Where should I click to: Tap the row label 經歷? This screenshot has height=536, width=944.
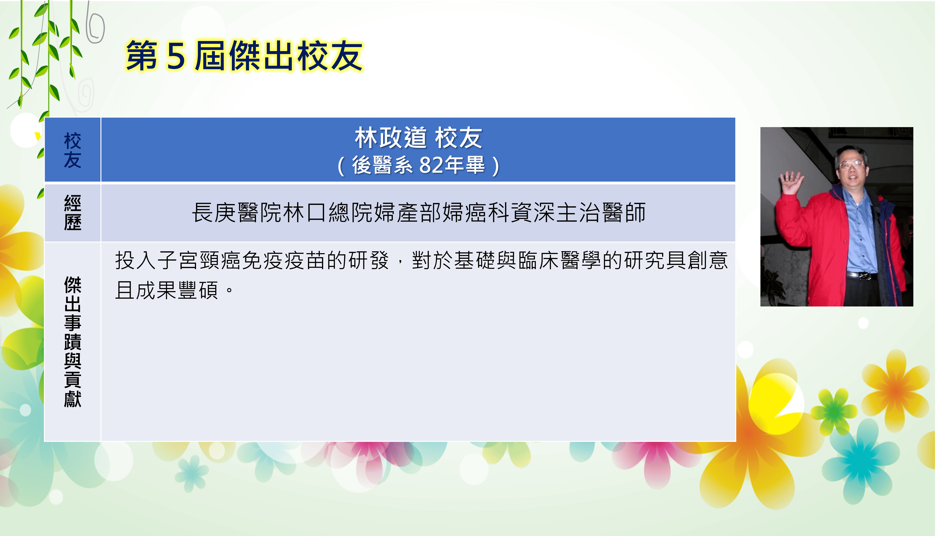coord(73,213)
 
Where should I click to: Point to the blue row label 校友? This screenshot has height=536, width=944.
coord(73,150)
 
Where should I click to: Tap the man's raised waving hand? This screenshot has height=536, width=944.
coord(791,183)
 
